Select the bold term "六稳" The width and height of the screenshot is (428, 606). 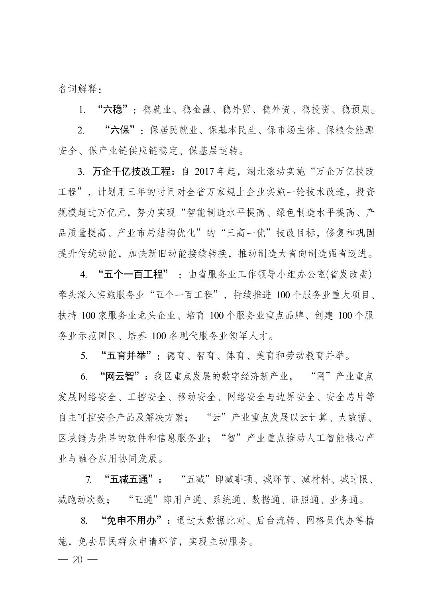click(115, 109)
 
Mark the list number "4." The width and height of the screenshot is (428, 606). click(84, 274)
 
